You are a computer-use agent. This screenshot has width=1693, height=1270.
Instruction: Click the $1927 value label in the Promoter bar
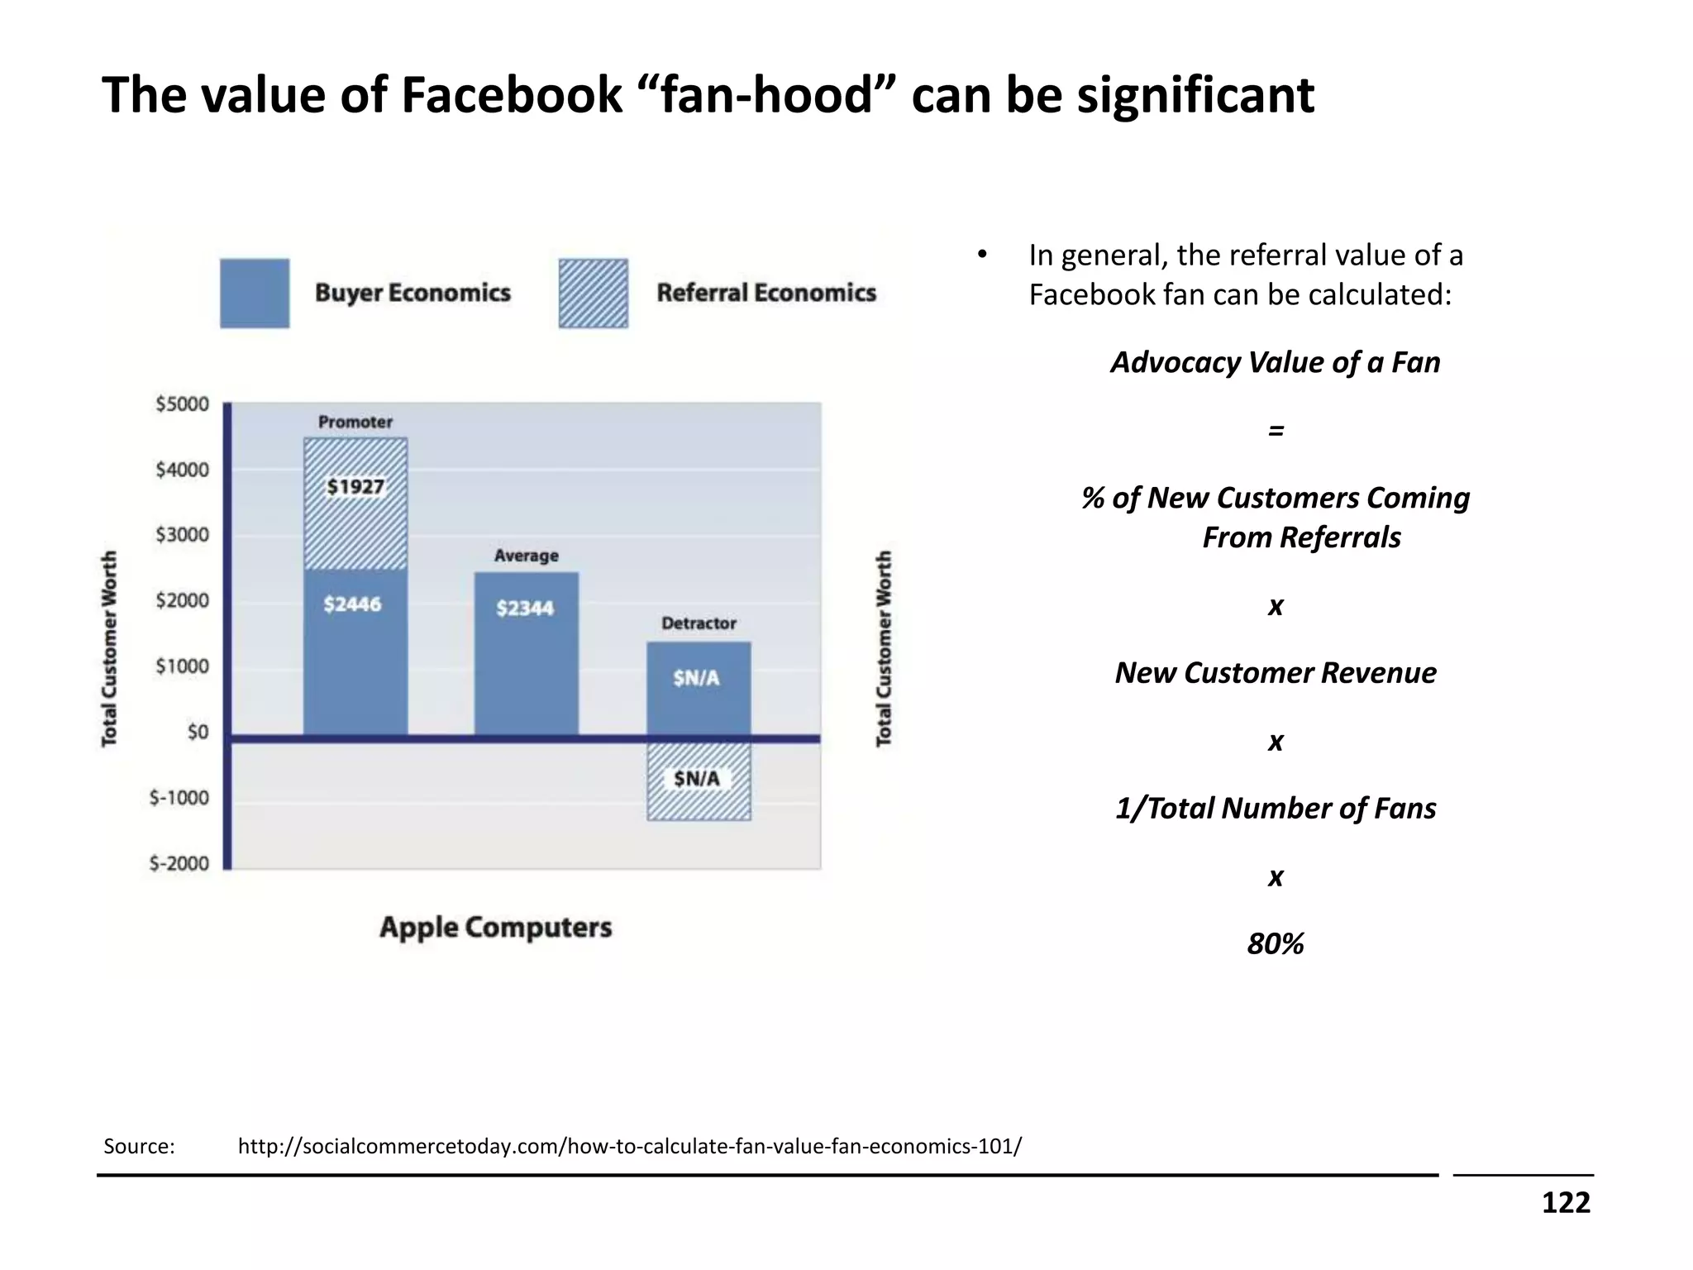tap(355, 486)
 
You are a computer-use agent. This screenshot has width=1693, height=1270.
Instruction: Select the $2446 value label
tap(353, 604)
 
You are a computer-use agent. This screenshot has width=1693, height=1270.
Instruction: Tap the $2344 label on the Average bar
tap(525, 609)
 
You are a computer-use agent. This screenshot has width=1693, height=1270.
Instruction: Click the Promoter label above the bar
tap(355, 423)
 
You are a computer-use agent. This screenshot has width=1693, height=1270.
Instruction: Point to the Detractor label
tap(699, 623)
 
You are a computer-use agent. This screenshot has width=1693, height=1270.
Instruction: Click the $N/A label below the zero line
tap(697, 779)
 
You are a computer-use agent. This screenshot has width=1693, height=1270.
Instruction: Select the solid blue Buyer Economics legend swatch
tap(255, 294)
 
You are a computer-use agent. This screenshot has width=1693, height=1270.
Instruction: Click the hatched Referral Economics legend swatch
tap(593, 294)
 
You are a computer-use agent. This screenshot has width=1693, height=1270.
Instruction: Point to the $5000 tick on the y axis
tap(183, 404)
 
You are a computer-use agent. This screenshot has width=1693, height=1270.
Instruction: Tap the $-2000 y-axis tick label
tap(179, 863)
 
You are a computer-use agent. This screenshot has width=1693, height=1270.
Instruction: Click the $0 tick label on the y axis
tap(198, 733)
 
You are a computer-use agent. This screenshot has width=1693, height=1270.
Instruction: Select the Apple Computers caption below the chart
tap(496, 928)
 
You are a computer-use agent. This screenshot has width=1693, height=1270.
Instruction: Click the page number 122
tap(1565, 1202)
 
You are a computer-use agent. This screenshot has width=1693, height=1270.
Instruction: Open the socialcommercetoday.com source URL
tap(629, 1146)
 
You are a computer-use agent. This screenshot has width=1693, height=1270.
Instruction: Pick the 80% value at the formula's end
tap(1275, 943)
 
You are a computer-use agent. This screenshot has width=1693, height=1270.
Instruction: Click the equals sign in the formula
tap(1276, 430)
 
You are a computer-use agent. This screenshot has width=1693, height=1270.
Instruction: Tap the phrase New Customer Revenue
tap(1275, 673)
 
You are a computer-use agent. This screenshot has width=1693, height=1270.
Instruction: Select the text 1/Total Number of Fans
tap(1275, 808)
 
